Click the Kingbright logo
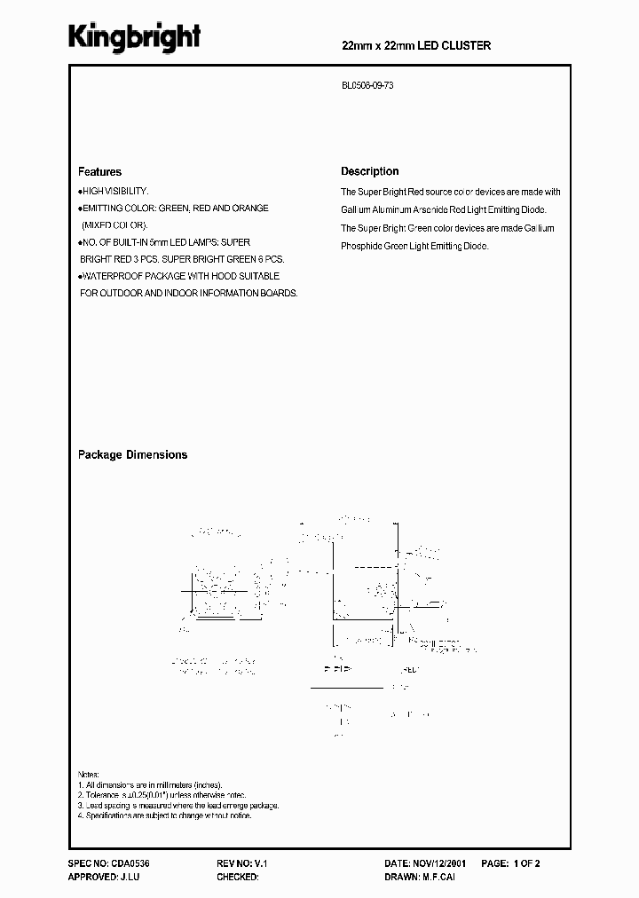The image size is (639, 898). coord(135,37)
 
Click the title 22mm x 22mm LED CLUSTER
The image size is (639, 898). coord(416,45)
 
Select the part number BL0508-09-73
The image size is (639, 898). coord(369,88)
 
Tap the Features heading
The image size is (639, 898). coord(99,172)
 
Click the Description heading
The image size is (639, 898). coord(370,171)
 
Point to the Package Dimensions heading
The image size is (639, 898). coord(132,454)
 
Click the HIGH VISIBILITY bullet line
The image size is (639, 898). coord(114,192)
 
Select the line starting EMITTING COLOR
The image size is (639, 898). coord(174,209)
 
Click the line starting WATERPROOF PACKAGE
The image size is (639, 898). coord(179,276)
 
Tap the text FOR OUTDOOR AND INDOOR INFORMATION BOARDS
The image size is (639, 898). coord(188,293)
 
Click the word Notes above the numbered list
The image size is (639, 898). coord(89,774)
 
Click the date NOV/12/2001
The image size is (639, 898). coord(439,863)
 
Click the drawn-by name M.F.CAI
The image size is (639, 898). coord(441,877)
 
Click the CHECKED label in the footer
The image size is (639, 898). coord(237,877)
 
